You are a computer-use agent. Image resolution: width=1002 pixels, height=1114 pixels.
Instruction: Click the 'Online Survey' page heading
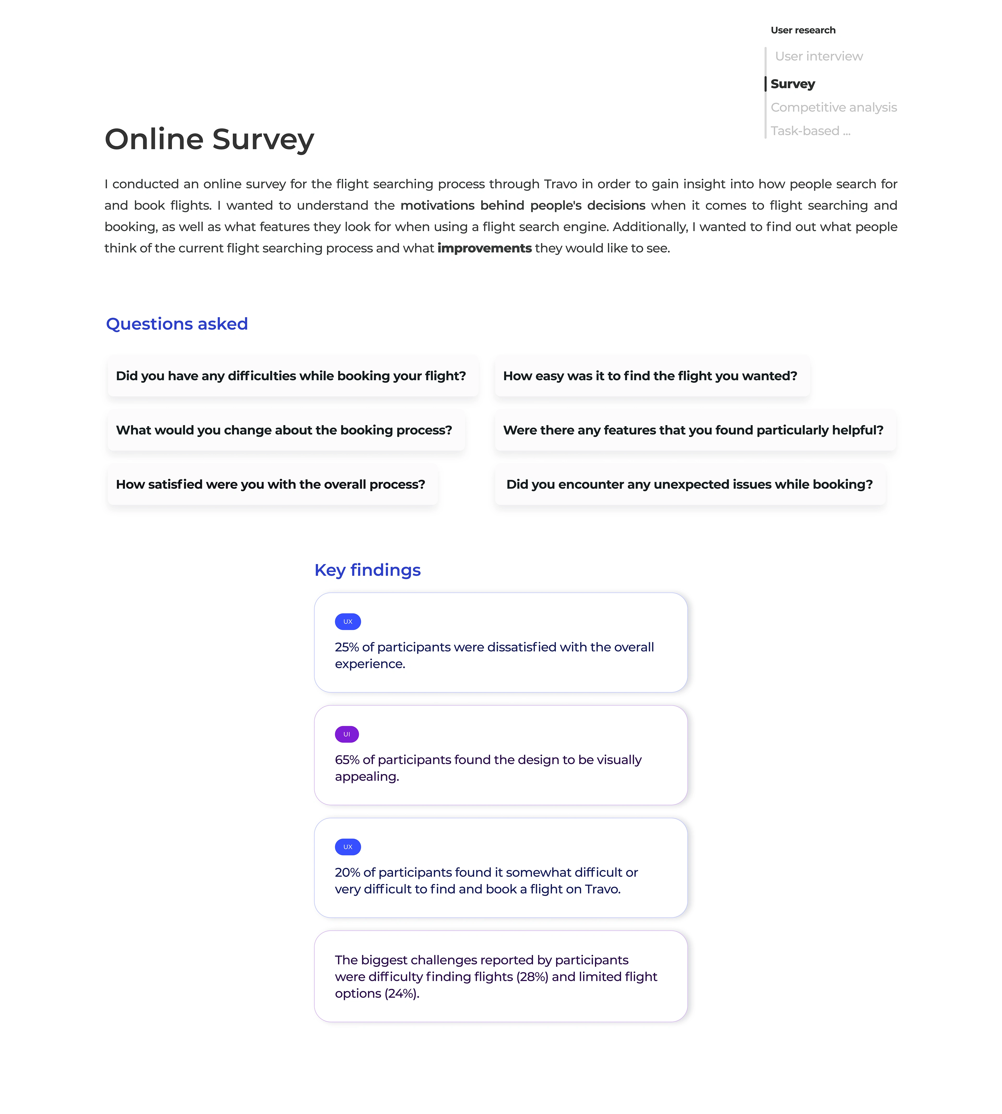coord(209,139)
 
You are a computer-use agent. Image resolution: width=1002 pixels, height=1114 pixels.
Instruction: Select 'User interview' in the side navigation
coord(819,56)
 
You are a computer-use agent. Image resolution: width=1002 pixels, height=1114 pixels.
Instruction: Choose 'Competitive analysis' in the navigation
coord(833,107)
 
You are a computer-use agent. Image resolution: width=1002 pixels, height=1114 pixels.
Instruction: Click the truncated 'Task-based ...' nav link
coord(810,131)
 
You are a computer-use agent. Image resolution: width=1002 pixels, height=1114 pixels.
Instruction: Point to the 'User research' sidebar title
coord(803,30)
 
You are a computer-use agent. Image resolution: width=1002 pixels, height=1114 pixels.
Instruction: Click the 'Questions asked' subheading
coord(177,324)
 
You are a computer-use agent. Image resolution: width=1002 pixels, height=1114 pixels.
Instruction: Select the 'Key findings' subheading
coord(367,570)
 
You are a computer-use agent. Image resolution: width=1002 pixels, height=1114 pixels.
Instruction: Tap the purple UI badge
coord(347,734)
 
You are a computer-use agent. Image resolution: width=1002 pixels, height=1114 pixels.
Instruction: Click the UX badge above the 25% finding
coord(348,622)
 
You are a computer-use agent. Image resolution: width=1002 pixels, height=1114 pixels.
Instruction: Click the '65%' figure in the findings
coord(347,760)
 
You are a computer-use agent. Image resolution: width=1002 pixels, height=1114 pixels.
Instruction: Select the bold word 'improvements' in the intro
coord(485,248)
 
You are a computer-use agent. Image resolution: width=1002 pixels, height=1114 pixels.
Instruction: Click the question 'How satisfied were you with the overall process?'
coord(270,485)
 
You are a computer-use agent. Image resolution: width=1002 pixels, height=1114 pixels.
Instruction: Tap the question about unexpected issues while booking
coord(689,485)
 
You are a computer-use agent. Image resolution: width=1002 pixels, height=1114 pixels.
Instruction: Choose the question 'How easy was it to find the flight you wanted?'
coord(650,376)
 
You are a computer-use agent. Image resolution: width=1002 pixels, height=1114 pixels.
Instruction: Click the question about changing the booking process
coord(284,430)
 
